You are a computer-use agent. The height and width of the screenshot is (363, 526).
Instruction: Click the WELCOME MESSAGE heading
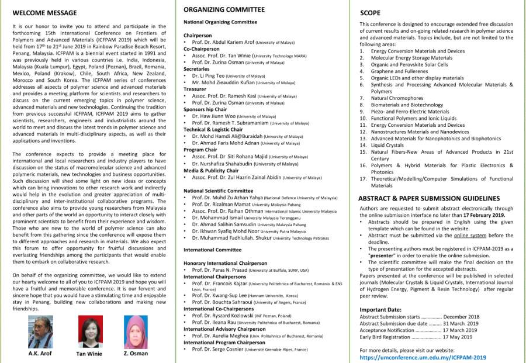[44, 12]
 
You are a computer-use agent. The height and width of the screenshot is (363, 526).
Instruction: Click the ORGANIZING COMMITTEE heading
[224, 9]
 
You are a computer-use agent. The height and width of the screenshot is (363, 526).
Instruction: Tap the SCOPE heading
[370, 12]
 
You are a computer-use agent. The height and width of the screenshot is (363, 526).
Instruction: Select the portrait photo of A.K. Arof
[40, 332]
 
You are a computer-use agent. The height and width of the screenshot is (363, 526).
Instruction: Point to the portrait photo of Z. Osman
[136, 332]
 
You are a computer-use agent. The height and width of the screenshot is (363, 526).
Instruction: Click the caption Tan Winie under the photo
[89, 354]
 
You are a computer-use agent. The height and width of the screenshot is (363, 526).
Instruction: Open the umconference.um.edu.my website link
[423, 357]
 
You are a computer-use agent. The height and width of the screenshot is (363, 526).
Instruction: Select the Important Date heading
[380, 309]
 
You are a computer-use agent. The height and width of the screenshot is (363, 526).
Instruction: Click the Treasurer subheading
[196, 89]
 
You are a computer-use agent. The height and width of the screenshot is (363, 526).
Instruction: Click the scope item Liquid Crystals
[387, 145]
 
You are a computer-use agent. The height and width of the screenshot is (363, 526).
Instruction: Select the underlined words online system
[470, 235]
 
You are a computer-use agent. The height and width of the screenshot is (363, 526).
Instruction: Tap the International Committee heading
[212, 250]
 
